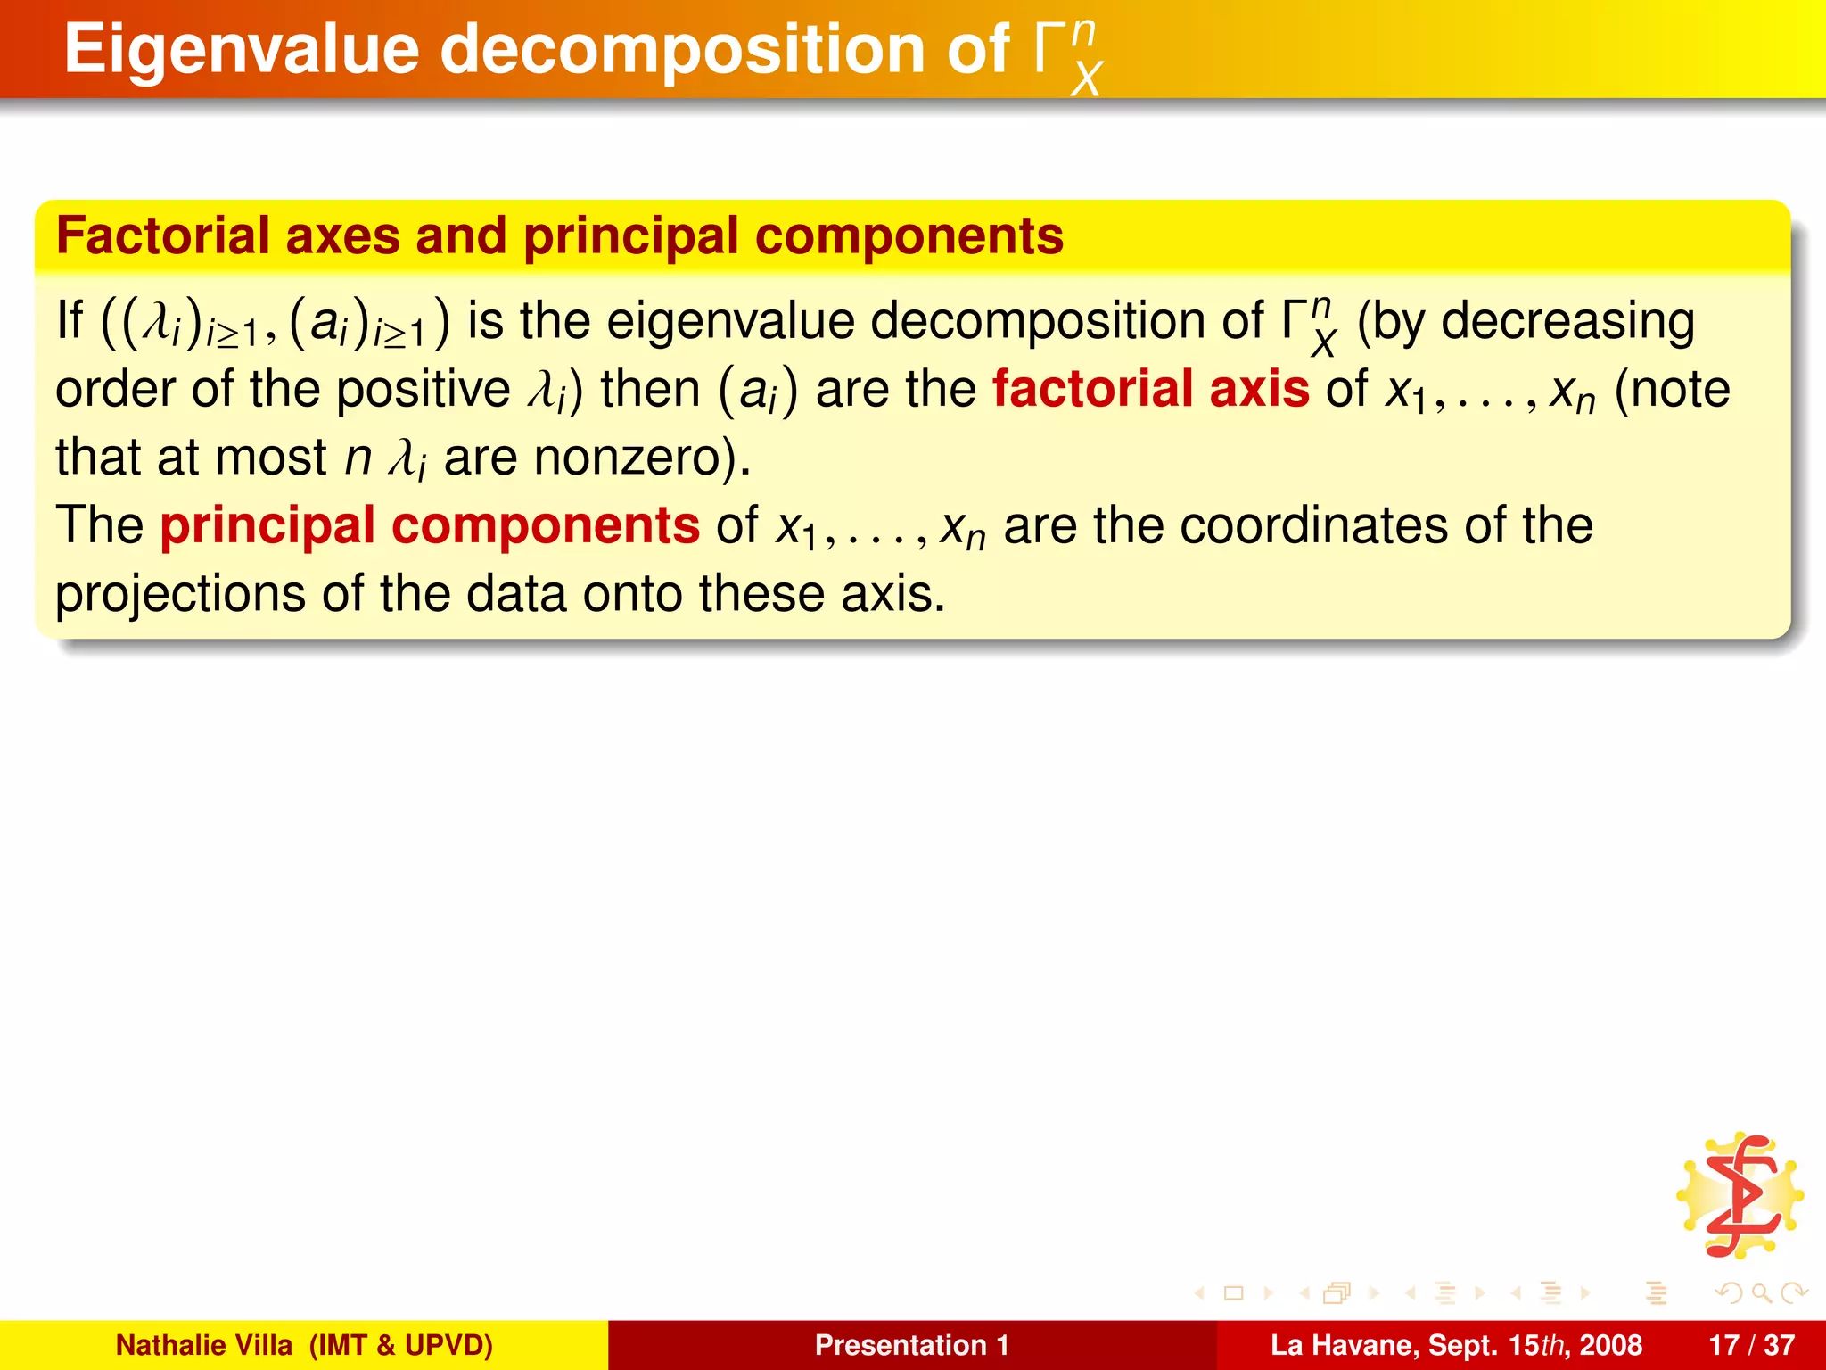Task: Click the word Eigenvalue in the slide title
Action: point(241,50)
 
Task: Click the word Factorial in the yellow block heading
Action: point(163,236)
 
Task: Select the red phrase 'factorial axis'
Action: point(1150,390)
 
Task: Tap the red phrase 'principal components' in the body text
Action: point(430,525)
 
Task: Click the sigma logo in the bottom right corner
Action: point(1740,1196)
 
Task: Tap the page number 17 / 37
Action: point(1751,1345)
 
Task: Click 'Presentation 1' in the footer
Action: point(911,1345)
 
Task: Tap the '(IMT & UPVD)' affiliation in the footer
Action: point(400,1345)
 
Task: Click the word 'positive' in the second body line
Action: point(423,390)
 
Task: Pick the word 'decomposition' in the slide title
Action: point(682,50)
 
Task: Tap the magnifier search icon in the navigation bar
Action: point(1761,1292)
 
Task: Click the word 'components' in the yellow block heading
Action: point(909,236)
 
